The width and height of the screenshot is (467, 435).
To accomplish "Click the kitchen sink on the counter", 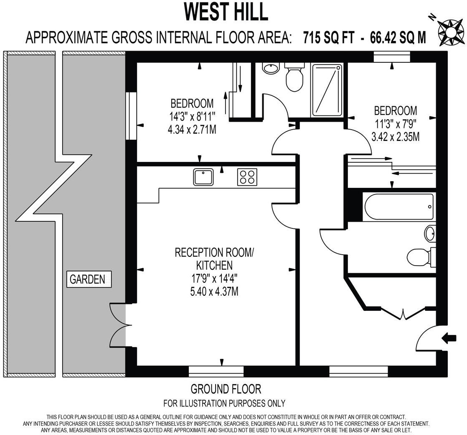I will (x=203, y=177).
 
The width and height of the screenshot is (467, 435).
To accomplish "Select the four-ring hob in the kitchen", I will (x=247, y=177).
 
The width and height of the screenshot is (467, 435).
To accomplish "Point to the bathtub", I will (x=399, y=207).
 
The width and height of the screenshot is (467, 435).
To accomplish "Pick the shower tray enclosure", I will (x=327, y=90).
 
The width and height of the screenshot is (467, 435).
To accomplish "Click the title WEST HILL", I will (x=226, y=12).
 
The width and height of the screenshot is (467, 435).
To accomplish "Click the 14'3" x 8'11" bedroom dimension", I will (x=192, y=116).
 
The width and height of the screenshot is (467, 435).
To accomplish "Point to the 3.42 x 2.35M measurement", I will (x=395, y=136).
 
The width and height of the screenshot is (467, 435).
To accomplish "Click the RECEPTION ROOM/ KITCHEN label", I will (x=214, y=258).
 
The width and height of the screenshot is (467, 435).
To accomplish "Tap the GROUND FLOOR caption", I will (x=226, y=389).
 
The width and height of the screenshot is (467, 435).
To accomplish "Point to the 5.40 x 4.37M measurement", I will (x=214, y=291).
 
